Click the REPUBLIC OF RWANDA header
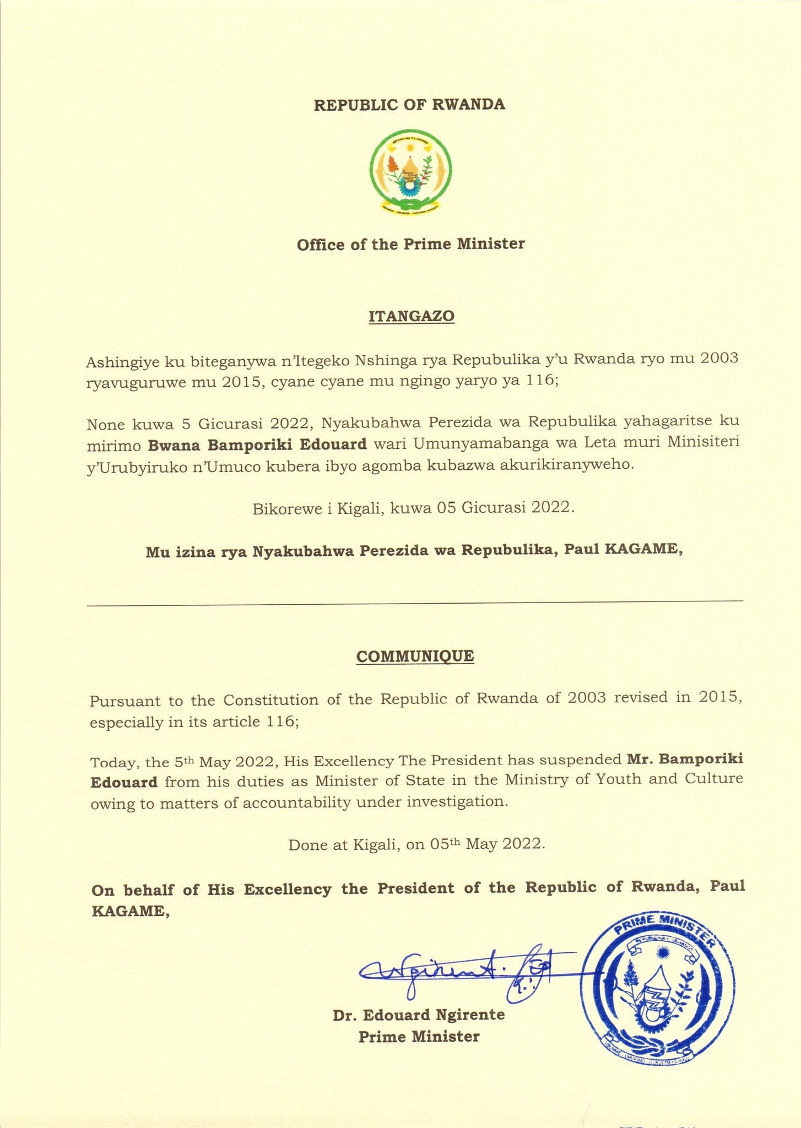[409, 105]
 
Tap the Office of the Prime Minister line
[410, 244]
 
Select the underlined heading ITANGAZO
[411, 316]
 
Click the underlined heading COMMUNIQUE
[415, 656]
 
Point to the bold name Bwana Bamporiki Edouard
[257, 444]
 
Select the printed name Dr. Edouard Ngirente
[419, 1015]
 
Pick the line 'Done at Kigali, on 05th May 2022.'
[416, 844]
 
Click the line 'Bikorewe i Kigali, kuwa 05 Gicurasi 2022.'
[413, 508]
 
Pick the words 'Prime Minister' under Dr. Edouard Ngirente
[419, 1037]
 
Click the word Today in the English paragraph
[114, 763]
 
